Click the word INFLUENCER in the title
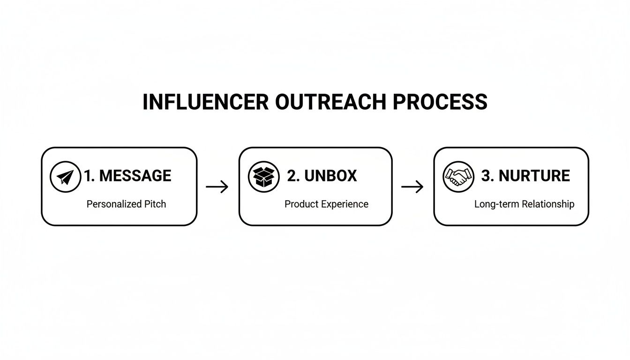pos(205,102)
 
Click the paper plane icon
pos(66,177)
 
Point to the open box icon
pos(263,177)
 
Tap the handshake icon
pos(458,177)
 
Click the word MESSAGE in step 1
pos(135,176)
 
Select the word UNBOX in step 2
pos(330,176)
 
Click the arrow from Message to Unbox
pos(217,187)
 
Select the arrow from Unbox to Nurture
pos(412,187)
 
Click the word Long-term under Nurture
pos(495,204)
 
